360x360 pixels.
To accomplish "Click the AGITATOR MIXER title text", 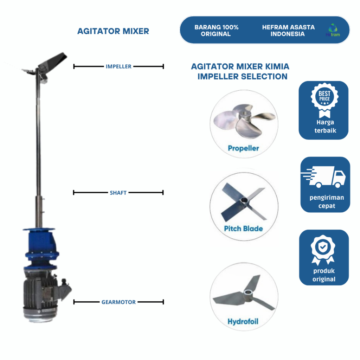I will tap(113, 31).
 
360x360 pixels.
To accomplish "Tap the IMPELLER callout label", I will tap(118, 66).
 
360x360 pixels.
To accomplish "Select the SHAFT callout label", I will tap(118, 193).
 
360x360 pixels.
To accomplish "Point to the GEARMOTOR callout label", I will tap(118, 302).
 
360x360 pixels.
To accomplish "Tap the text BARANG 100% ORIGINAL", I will tap(216, 31).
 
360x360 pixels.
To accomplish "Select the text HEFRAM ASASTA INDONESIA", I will tap(288, 31).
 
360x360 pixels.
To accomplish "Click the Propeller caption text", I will tap(243, 148).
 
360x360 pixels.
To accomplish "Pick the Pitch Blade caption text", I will tap(243, 229).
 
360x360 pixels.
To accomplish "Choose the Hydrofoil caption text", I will tap(243, 322).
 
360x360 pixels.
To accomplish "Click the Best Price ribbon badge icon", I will tap(324, 101).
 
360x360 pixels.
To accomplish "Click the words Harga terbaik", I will tap(324, 126).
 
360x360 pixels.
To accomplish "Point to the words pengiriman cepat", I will tap(327, 202).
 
